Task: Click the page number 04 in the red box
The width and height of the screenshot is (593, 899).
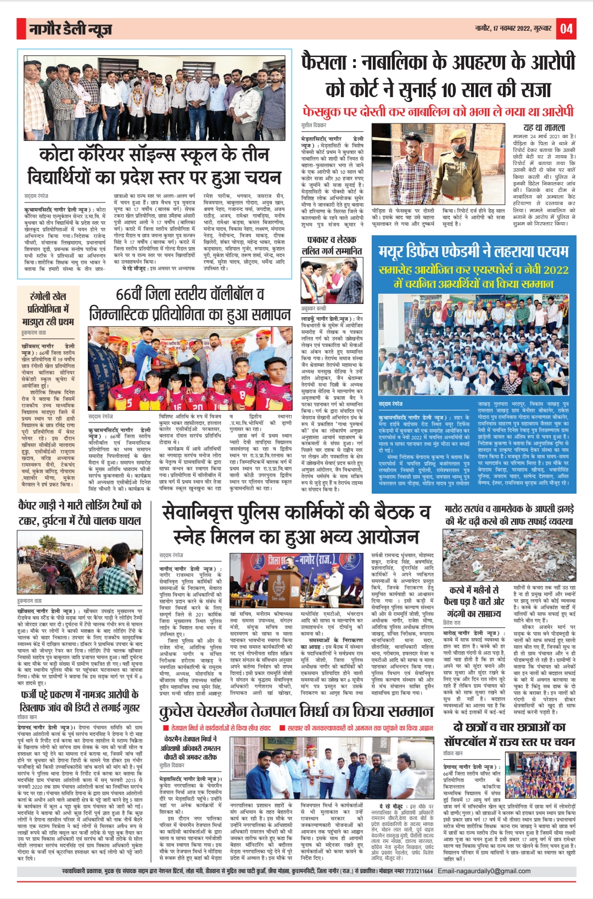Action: [566, 29]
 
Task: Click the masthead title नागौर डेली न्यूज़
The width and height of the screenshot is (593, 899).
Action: [70, 29]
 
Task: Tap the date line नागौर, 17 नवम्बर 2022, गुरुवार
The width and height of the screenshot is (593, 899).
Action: [514, 29]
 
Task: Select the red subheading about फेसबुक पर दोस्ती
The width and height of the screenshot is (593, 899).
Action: [438, 111]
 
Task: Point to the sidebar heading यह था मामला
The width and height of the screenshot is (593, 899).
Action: [544, 128]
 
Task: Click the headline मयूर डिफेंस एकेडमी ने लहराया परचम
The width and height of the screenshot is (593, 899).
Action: [473, 251]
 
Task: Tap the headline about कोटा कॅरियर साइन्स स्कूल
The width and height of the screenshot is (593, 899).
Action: [154, 166]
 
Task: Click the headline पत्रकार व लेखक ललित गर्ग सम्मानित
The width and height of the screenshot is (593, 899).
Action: [332, 245]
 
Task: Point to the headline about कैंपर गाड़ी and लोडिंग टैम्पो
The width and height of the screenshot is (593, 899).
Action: [80, 512]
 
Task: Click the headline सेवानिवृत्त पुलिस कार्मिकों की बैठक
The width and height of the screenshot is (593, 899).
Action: [296, 524]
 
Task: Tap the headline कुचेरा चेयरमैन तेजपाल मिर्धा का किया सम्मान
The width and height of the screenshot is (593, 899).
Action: [296, 711]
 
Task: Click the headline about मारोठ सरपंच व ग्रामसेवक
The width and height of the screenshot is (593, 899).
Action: [509, 515]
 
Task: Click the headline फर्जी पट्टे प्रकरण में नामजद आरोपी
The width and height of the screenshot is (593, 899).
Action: [80, 701]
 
